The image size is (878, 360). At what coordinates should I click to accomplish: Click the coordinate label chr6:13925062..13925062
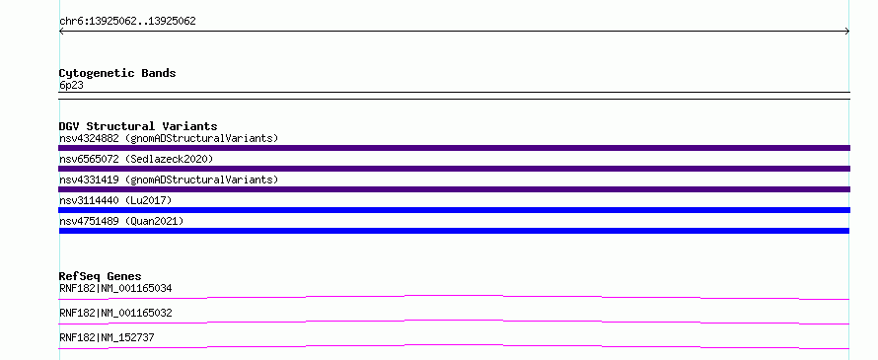click(x=127, y=22)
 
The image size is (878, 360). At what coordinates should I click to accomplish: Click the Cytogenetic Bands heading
click(x=117, y=73)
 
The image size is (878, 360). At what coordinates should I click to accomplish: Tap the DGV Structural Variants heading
click(x=138, y=126)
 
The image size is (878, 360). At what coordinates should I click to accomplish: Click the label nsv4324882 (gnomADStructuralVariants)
click(x=169, y=138)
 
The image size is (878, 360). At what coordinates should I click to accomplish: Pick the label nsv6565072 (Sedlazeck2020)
click(x=136, y=159)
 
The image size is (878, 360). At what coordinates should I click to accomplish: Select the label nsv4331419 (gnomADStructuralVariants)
click(x=169, y=180)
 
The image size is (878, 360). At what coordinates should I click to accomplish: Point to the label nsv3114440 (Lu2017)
click(x=115, y=200)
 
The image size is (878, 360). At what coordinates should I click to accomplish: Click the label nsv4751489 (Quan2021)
click(x=121, y=221)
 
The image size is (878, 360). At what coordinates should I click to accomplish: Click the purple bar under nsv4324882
click(x=454, y=148)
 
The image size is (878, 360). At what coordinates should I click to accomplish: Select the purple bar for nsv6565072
click(x=454, y=169)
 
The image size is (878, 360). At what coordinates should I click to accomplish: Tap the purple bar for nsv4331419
click(x=454, y=189)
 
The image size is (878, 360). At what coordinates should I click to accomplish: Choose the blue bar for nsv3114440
click(x=454, y=210)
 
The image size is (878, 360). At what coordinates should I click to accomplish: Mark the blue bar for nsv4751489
click(x=454, y=231)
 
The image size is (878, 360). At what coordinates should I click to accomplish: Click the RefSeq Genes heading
click(x=101, y=276)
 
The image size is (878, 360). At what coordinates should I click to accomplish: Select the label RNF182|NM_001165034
click(x=115, y=289)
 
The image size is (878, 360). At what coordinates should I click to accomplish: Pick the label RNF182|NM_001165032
click(x=115, y=313)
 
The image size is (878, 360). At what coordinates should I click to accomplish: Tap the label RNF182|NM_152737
click(x=107, y=337)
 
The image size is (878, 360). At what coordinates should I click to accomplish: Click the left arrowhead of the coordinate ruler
click(x=60, y=32)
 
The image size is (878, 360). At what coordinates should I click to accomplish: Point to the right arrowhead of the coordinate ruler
click(x=848, y=32)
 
